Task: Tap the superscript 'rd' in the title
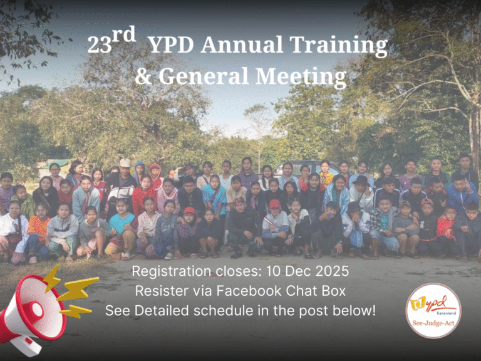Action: tap(125, 34)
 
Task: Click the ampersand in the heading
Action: tap(143, 76)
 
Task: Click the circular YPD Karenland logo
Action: tap(433, 311)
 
